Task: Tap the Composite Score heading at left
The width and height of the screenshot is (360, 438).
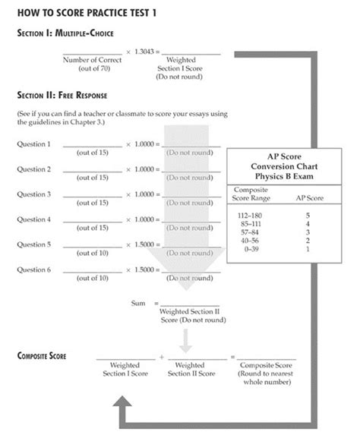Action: (x=44, y=355)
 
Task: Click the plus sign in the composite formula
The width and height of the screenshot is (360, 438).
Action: (x=162, y=355)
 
